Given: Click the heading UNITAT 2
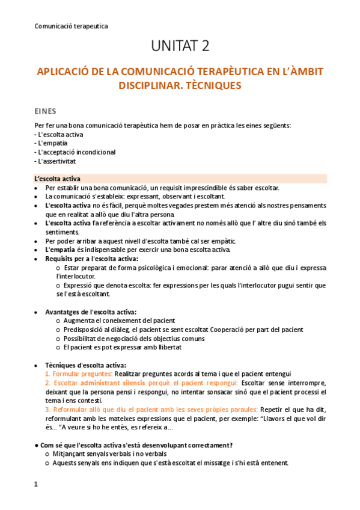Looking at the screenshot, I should (x=180, y=46).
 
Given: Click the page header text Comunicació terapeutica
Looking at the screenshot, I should (x=72, y=26).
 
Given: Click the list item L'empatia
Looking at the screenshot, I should (x=52, y=143).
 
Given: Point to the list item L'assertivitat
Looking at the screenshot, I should (x=56, y=161).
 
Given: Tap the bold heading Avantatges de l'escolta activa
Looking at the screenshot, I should (x=91, y=312).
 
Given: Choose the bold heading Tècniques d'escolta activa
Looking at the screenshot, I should (x=85, y=364).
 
